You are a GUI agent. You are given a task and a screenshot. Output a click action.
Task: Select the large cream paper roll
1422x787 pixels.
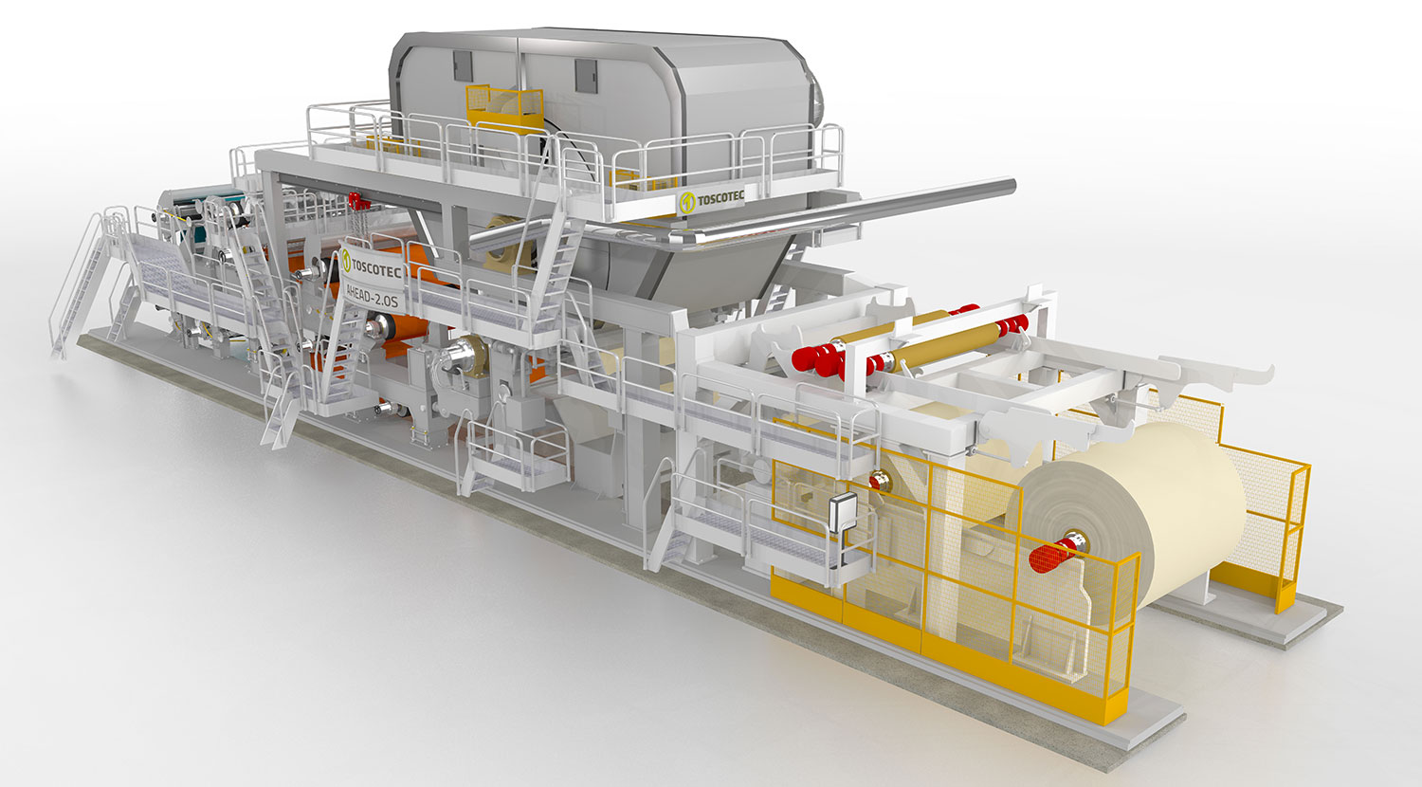point(1123,521)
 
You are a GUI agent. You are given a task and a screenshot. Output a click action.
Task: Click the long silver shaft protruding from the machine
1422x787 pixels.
point(845,212)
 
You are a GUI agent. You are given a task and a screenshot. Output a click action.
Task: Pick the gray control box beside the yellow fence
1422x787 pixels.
point(843,511)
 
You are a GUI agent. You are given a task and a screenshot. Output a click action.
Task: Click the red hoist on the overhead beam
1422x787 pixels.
point(358,202)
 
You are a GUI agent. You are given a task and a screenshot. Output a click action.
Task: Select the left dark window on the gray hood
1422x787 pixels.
point(463,66)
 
